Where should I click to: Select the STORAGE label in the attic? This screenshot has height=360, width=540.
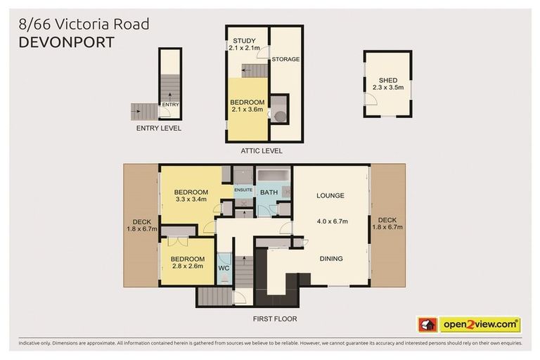(286, 60)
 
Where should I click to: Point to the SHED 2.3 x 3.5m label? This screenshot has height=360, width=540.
(387, 84)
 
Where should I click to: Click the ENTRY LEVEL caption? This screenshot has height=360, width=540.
(158, 129)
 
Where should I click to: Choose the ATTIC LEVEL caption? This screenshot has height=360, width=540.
(262, 150)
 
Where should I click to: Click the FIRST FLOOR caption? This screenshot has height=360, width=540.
(274, 319)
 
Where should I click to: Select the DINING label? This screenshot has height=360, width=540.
(331, 259)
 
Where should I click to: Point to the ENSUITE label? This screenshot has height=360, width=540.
(243, 190)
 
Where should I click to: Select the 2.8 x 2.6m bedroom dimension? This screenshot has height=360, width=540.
(187, 266)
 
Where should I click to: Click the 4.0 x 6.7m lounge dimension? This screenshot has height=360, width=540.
(332, 221)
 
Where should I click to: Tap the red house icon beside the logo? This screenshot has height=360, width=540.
(428, 325)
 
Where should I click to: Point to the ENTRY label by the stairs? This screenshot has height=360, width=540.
(170, 105)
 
